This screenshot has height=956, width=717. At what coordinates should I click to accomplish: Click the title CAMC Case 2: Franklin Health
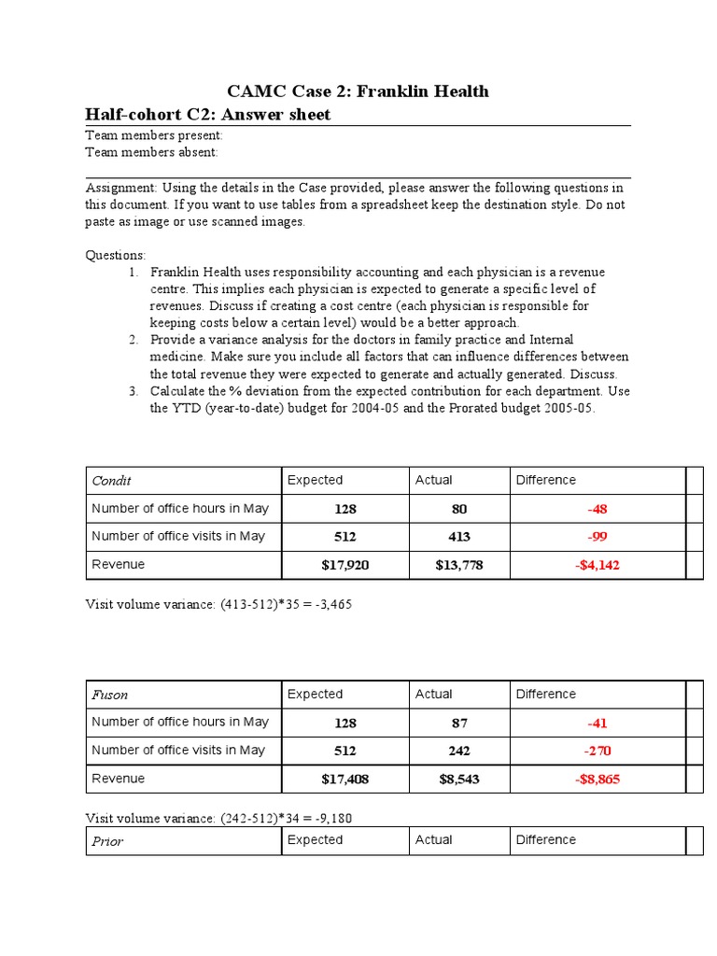[x=358, y=91]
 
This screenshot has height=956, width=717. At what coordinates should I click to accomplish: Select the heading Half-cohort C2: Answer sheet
[x=207, y=115]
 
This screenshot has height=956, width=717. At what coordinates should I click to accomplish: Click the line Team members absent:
[x=152, y=151]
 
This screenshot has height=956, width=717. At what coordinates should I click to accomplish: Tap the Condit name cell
[x=111, y=481]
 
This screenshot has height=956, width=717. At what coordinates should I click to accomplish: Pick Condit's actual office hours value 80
[x=458, y=510]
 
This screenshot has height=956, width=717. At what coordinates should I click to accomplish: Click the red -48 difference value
[x=597, y=510]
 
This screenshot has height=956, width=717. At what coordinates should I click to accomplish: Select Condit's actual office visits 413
[x=458, y=537]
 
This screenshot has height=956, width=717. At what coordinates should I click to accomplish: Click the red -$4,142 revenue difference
[x=597, y=565]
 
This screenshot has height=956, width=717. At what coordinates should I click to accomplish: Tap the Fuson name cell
[x=109, y=695]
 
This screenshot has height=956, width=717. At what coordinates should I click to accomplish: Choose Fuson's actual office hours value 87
[x=458, y=724]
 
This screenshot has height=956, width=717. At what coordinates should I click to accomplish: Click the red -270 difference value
[x=597, y=751]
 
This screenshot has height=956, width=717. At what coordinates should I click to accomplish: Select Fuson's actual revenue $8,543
[x=458, y=779]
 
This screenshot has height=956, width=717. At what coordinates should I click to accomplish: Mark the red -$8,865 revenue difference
[x=597, y=779]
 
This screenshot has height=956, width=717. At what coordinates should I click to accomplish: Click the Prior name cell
[x=107, y=841]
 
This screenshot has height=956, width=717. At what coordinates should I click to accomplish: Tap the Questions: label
[x=116, y=255]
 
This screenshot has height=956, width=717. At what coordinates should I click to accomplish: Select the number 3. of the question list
[x=134, y=391]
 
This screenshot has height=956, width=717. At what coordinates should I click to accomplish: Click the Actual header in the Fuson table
[x=433, y=695]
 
